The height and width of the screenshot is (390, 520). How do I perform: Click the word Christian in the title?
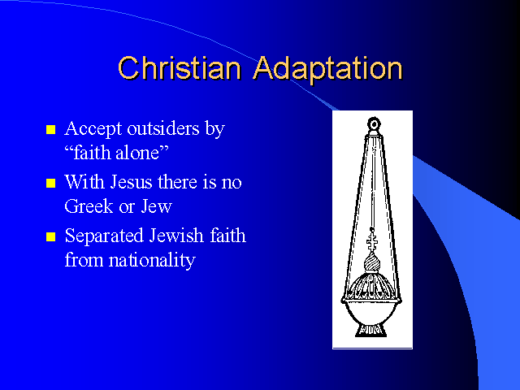pos(180,68)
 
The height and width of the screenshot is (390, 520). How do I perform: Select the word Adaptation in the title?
pos(328,69)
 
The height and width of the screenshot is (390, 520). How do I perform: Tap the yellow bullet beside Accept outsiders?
pos(50,129)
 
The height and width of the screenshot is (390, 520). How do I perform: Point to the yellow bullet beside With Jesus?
pos(50,183)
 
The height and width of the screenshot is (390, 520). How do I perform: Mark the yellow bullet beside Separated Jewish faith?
pos(50,236)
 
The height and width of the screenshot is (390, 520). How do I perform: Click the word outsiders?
pos(163,128)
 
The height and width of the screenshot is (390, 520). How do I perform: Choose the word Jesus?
pos(131,182)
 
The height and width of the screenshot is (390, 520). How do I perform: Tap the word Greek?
pos(89,206)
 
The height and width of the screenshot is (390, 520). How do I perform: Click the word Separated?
pos(104,236)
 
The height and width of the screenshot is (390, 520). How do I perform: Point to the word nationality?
pos(152,261)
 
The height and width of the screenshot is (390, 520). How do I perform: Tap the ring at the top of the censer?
pos(374,124)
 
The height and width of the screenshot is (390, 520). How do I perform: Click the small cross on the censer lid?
pos(372,240)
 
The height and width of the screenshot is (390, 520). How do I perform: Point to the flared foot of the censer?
pos(371,331)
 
